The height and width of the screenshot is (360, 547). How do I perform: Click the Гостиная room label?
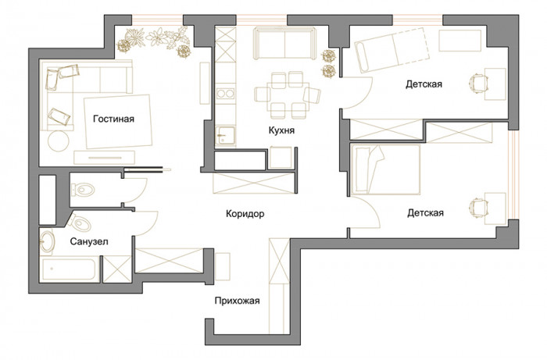pyautogui.click(x=113, y=119)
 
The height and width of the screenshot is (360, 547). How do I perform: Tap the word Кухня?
pyautogui.click(x=281, y=130)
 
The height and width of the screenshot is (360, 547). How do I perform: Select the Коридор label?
pyautogui.click(x=245, y=214)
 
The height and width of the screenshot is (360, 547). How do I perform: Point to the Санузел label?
pyautogui.click(x=89, y=241)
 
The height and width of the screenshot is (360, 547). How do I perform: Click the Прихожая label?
pyautogui.click(x=238, y=301)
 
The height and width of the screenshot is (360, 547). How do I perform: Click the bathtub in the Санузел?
pyautogui.click(x=69, y=269)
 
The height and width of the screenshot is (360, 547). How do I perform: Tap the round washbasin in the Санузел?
pyautogui.click(x=47, y=241)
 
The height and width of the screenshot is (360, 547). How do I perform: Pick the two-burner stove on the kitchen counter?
pyautogui.click(x=225, y=94)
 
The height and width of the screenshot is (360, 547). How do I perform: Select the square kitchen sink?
pyautogui.click(x=225, y=136)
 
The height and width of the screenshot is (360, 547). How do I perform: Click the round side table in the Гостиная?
pyautogui.click(x=59, y=141)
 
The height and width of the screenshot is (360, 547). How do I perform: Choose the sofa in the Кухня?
pyautogui.click(x=284, y=44)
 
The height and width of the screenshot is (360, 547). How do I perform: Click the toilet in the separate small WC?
pyautogui.click(x=83, y=190)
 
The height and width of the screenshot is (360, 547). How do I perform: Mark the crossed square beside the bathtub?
pyautogui.click(x=117, y=269)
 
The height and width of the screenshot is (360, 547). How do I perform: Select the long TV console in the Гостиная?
pyautogui.click(x=104, y=158)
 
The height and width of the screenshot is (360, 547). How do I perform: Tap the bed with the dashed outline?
pyautogui.click(x=391, y=50)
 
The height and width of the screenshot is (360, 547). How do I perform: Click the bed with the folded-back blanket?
pyautogui.click(x=386, y=169)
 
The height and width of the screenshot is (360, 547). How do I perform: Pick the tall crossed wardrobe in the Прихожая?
pyautogui.click(x=280, y=286)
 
